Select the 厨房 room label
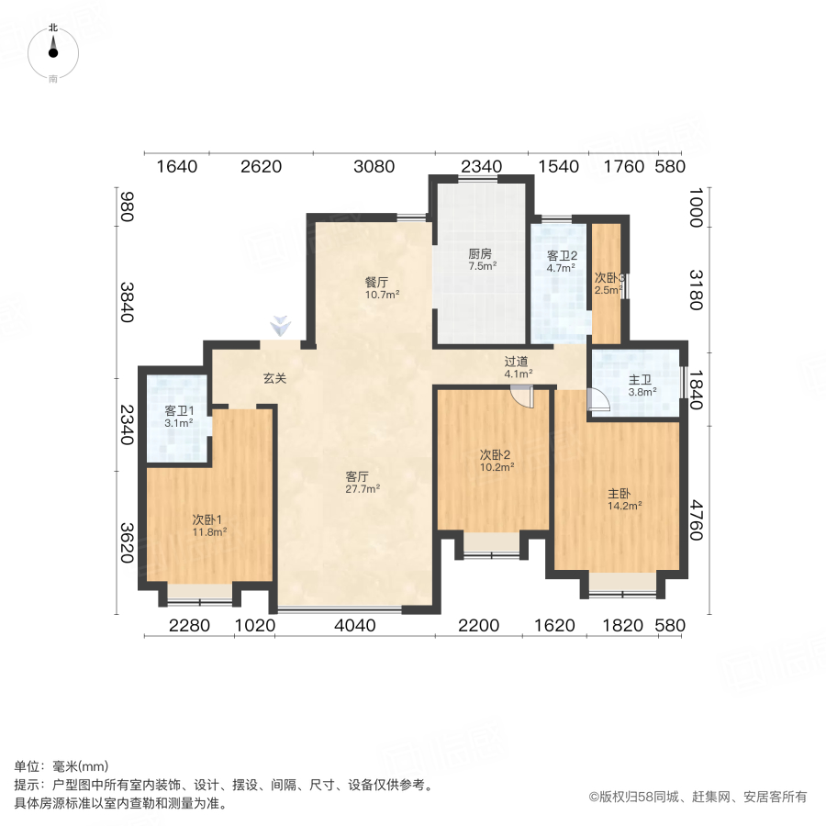pos(481,253)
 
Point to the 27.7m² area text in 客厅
pos(362,489)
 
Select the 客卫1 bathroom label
pos(178,410)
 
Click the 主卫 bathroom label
pos(641,380)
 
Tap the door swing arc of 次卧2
pos(522,397)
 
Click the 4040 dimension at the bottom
pos(356,626)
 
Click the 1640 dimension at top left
pos(177,166)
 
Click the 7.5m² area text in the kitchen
pos(481,266)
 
